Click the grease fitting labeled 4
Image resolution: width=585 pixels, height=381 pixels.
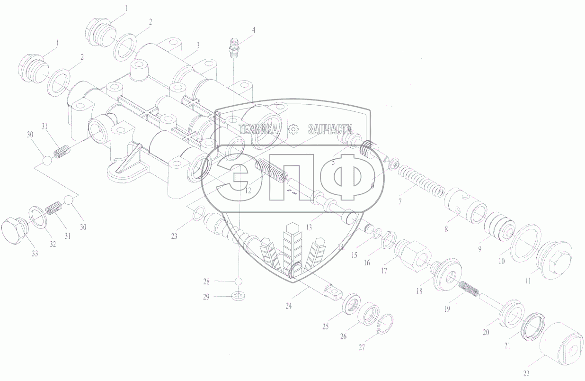click(x=234, y=49)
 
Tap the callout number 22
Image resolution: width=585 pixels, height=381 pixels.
click(x=526, y=374)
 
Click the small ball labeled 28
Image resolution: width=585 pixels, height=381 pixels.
click(x=239, y=281)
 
